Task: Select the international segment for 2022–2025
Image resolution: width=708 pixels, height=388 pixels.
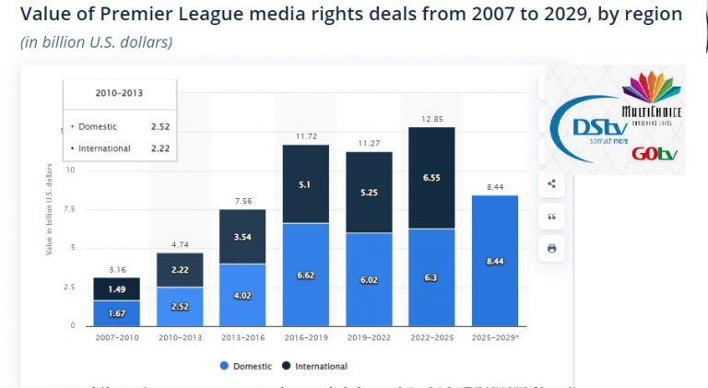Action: tap(431, 178)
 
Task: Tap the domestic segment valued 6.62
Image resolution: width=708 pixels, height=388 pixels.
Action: tap(305, 274)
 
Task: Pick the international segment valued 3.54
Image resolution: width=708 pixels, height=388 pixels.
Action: tap(242, 237)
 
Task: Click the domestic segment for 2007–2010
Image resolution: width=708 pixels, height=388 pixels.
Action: tap(116, 312)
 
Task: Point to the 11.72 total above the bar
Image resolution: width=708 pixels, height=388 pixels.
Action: tap(305, 136)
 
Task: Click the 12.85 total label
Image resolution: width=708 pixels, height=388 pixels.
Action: tap(431, 119)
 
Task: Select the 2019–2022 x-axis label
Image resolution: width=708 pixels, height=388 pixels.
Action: tap(368, 339)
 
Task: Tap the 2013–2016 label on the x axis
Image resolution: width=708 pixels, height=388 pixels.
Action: tap(242, 339)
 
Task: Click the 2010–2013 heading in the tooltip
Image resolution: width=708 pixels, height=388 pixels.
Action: tap(119, 94)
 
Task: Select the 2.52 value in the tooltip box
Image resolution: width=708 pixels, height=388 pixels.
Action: tap(159, 125)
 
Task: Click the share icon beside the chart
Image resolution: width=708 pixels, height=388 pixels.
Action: tap(551, 183)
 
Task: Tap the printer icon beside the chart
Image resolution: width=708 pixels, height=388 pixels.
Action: tap(551, 248)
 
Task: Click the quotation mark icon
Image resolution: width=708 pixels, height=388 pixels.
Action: tap(551, 216)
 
